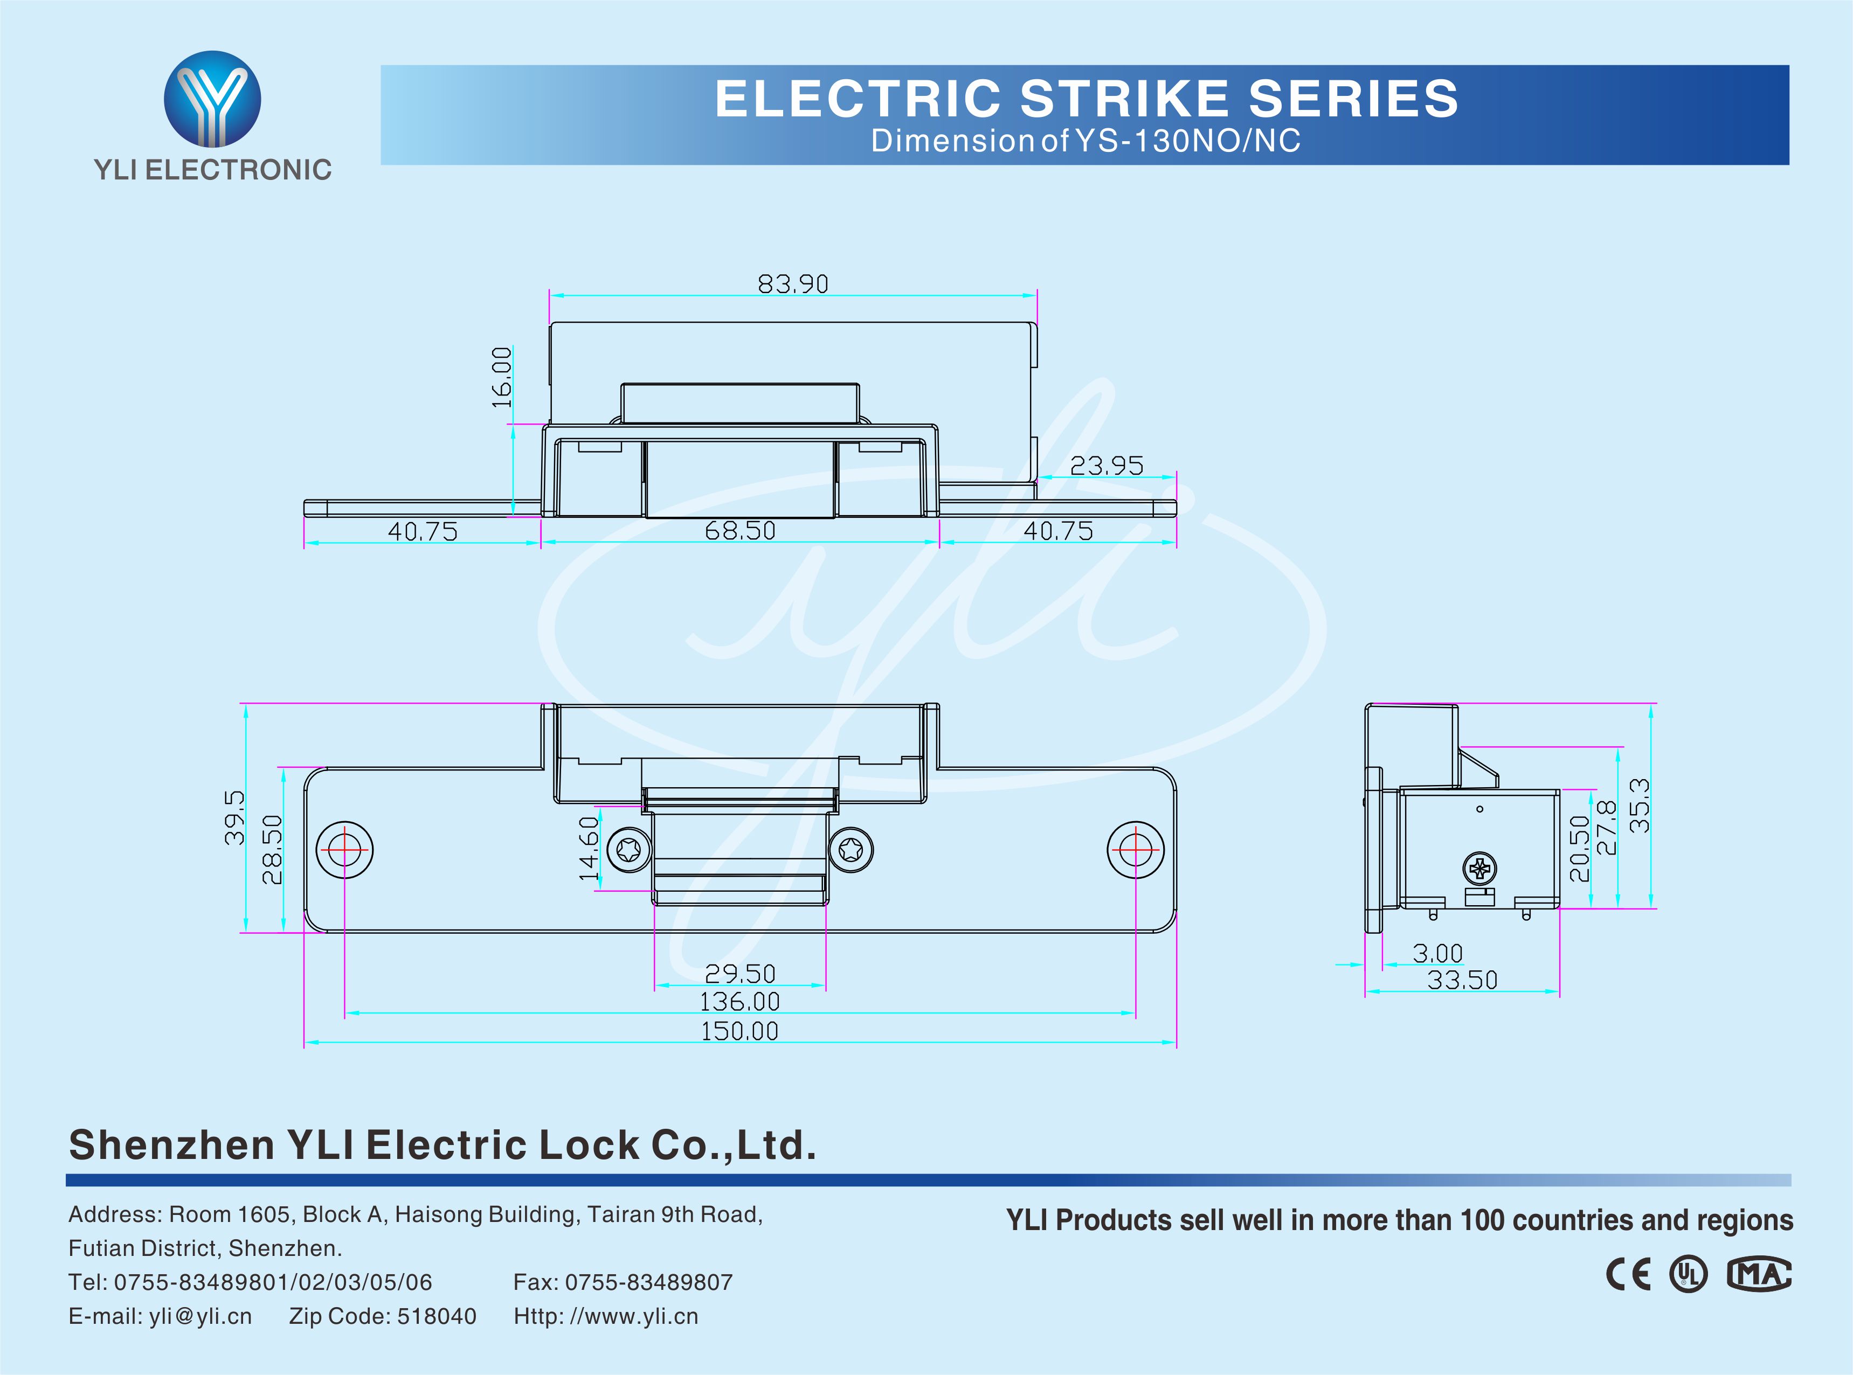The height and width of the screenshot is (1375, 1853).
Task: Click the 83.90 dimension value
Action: point(792,284)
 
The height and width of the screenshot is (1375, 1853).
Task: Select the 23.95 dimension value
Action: point(1107,466)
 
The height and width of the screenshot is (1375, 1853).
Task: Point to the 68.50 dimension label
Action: point(740,531)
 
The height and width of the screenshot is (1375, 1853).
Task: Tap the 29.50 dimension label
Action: point(740,974)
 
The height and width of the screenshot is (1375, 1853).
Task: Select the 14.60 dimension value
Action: point(589,848)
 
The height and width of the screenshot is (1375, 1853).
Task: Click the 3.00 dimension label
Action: point(1437,954)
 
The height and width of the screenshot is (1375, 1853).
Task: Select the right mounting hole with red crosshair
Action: point(1136,850)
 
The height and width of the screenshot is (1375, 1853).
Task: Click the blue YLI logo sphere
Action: point(212,98)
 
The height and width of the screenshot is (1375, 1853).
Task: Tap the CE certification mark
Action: point(1628,1274)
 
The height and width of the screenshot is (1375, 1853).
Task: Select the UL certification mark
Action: point(1688,1274)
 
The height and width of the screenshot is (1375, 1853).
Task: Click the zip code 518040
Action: point(436,1316)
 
